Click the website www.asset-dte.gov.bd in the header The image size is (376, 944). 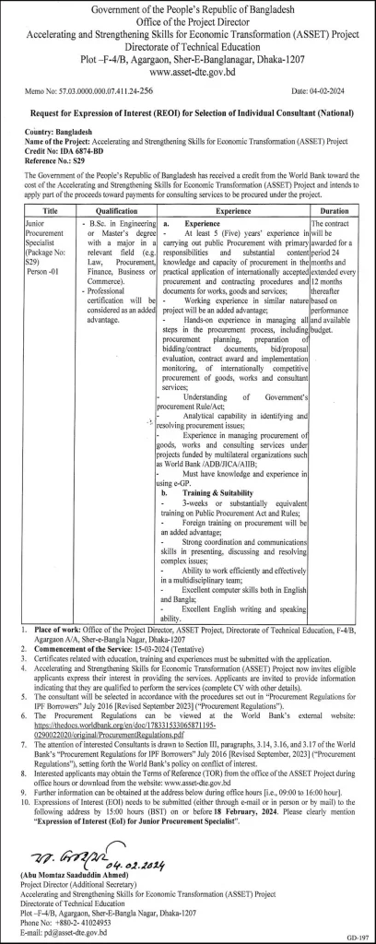pos(188,69)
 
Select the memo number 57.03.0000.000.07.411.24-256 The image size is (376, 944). pos(107,92)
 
